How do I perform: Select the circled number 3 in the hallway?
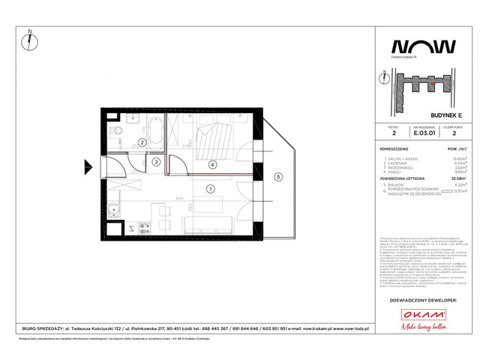157,161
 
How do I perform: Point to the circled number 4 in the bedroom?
212,165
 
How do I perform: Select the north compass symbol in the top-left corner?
28,37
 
